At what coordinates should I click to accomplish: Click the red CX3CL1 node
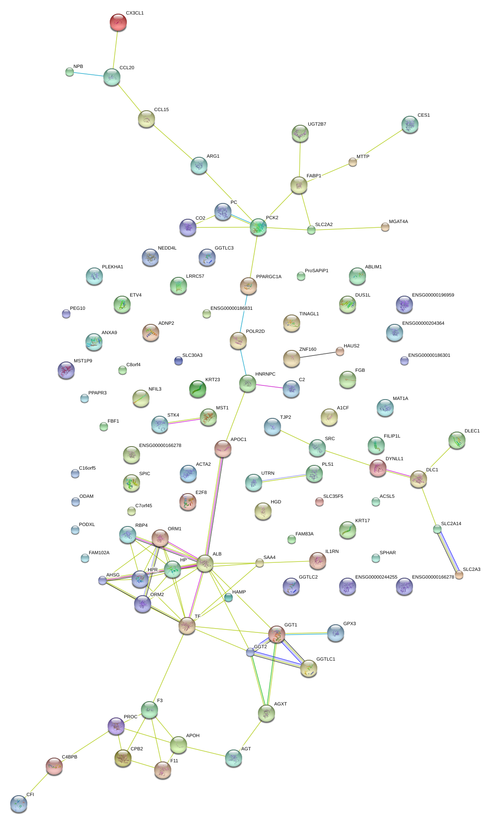coord(118,22)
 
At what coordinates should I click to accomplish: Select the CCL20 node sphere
coord(111,77)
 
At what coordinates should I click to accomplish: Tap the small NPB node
coord(70,72)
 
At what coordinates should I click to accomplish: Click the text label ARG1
coord(213,156)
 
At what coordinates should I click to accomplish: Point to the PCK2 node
coord(258,227)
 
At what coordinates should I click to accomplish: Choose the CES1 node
coord(410,124)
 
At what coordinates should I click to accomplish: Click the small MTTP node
coord(353,162)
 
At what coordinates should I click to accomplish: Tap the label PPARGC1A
coord(269,277)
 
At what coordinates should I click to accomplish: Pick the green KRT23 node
coord(198,389)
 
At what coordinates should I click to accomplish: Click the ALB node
coord(205,564)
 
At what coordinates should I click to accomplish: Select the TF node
coord(187,626)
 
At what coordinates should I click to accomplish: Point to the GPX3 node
coord(335,633)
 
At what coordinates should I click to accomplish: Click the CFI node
coord(18,804)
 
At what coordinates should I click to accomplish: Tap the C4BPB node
coord(54,766)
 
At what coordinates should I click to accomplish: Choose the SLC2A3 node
coord(459,575)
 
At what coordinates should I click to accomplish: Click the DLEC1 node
coord(457,441)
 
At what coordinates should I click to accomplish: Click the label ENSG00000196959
coord(433,295)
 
